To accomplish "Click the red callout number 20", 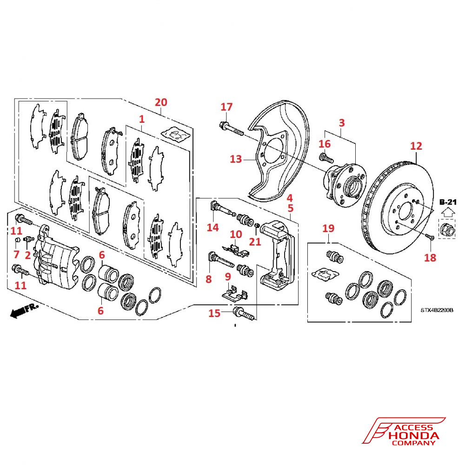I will [161, 102].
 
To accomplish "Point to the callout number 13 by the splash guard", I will [236, 159].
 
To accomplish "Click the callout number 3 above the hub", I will [342, 123].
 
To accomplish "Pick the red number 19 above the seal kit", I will [328, 228].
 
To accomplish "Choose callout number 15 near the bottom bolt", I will [214, 313].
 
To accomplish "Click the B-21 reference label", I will [448, 202].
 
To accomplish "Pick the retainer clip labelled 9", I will [234, 294].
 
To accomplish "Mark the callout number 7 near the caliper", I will [16, 254].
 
